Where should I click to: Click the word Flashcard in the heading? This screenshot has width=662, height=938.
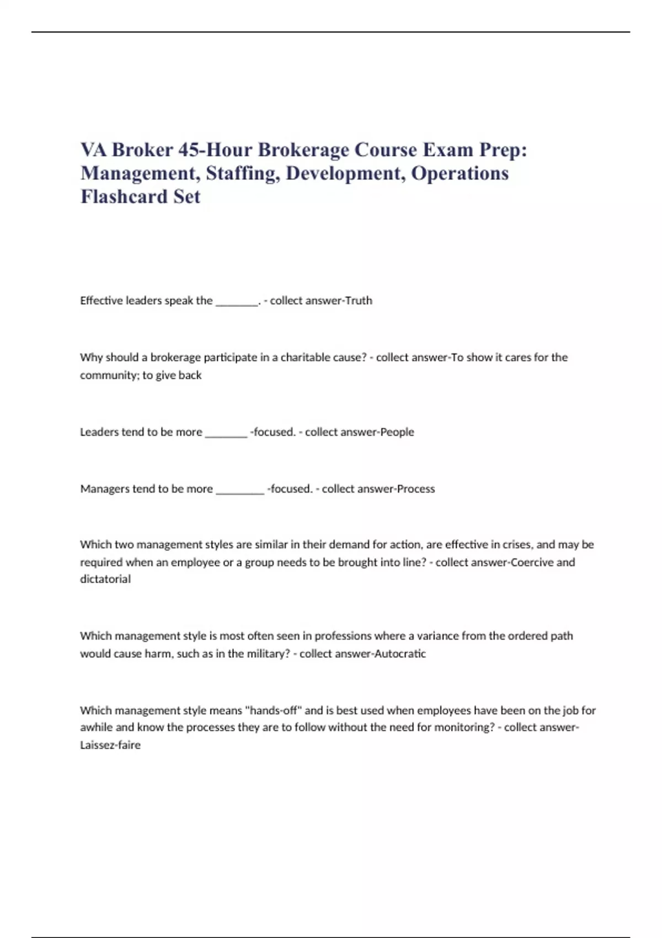coord(124,196)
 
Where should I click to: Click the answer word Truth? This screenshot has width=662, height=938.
coord(359,301)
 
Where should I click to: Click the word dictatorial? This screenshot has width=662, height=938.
coord(105,579)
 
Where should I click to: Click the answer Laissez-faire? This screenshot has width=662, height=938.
coord(110,745)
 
